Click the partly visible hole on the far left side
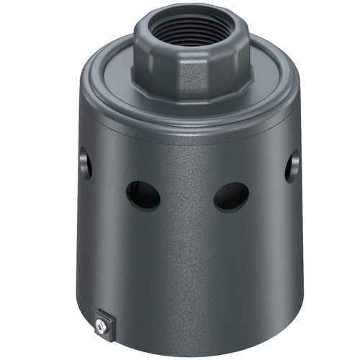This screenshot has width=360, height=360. pyautogui.click(x=86, y=163)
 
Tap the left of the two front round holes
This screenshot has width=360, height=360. pyautogui.click(x=143, y=195)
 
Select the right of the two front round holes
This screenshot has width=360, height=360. pyautogui.click(x=231, y=196)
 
